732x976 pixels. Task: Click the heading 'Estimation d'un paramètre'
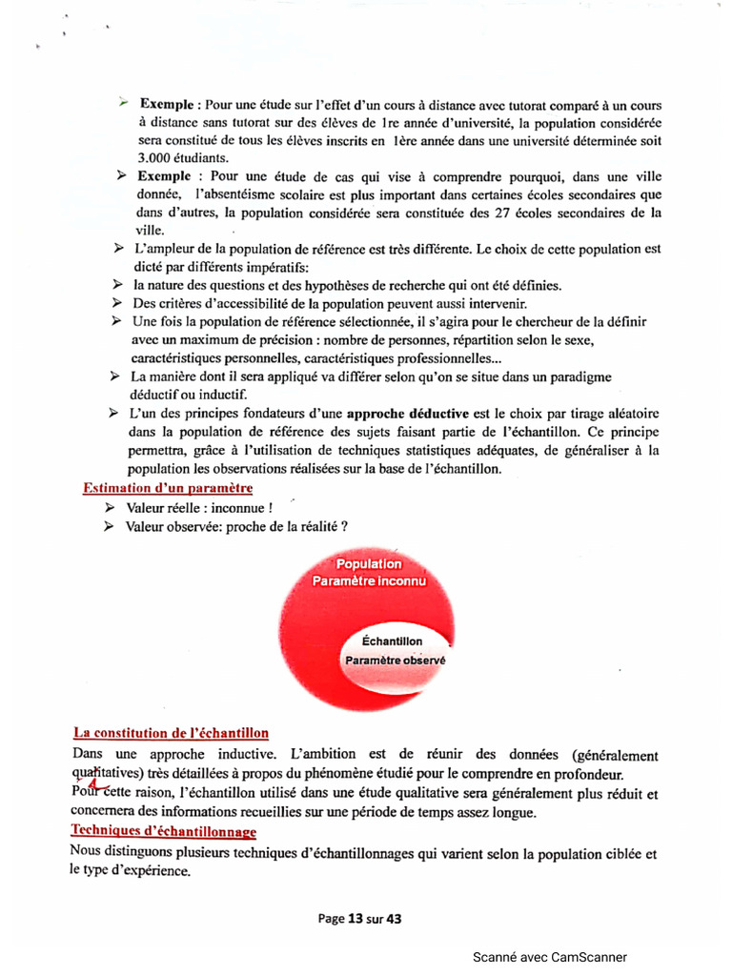click(167, 489)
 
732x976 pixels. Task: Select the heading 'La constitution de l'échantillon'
click(172, 733)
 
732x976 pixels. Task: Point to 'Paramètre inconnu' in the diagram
click(370, 580)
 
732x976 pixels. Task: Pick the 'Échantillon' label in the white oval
click(393, 641)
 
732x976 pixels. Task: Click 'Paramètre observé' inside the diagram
click(396, 660)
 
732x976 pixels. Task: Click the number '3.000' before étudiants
click(155, 157)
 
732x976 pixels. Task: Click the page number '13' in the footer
click(356, 919)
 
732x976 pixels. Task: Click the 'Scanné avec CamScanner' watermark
click(550, 958)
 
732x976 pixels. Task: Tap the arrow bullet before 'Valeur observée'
click(109, 526)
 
